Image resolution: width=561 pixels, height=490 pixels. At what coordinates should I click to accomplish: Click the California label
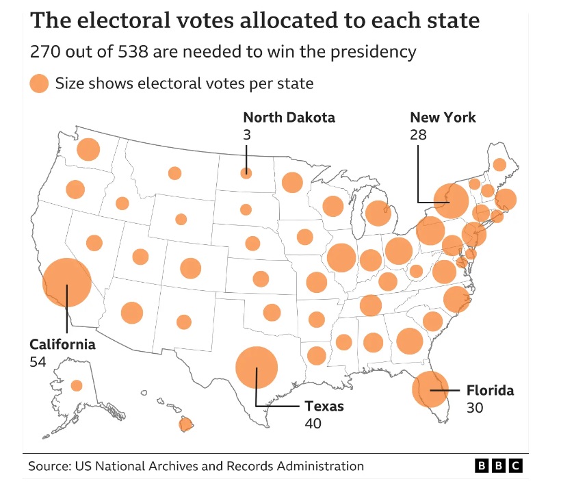point(63,344)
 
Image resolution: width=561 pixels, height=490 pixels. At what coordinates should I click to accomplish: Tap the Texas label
point(324,407)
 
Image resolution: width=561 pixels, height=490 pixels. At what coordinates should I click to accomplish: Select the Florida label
point(490,390)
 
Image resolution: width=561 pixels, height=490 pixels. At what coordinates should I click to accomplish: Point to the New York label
point(443,118)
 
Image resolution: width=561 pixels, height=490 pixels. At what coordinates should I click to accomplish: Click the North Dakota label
point(289,118)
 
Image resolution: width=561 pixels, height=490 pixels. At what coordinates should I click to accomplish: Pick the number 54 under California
point(38,362)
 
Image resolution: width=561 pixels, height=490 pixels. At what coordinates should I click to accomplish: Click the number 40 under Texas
point(313,424)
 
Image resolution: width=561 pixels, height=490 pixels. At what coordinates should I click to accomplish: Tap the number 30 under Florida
point(475,408)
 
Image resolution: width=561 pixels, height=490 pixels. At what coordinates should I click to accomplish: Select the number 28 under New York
point(418,135)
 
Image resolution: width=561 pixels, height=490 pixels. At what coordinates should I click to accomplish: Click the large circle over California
point(67,283)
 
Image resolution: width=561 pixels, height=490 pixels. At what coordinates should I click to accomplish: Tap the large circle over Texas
point(257,367)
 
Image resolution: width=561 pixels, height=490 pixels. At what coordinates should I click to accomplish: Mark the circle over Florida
point(430,389)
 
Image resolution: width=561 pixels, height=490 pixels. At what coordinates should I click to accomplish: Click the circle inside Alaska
point(77,386)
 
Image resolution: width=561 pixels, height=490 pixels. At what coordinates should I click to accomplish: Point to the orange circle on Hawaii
point(186,424)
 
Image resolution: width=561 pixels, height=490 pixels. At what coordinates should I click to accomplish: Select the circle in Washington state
point(88,149)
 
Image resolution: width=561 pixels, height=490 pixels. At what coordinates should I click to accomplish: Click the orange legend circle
point(39,83)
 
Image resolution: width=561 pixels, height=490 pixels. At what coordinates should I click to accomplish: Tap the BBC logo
point(499,465)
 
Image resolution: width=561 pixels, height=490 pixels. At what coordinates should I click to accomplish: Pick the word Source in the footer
point(50,466)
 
